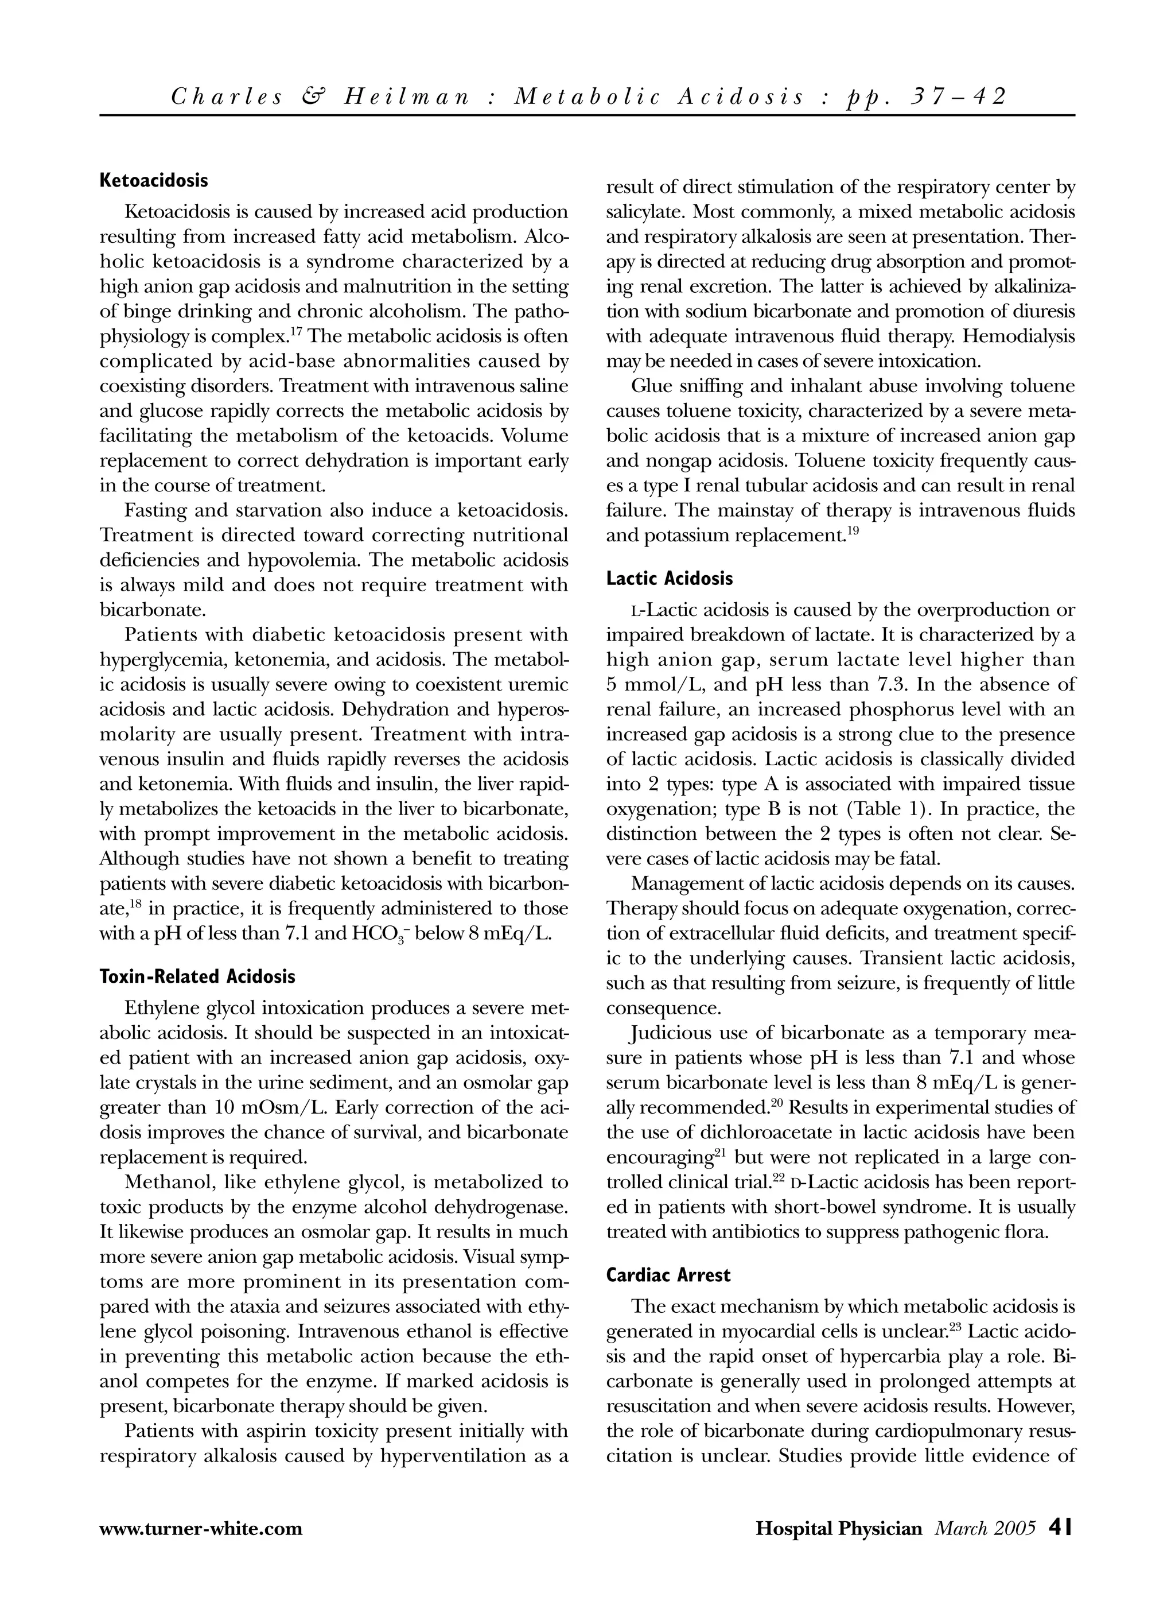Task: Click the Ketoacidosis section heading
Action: (x=154, y=180)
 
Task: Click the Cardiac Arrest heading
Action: (x=668, y=1275)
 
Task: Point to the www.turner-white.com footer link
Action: (x=201, y=1528)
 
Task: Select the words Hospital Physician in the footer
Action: (x=839, y=1528)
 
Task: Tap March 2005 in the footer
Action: (x=985, y=1528)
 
